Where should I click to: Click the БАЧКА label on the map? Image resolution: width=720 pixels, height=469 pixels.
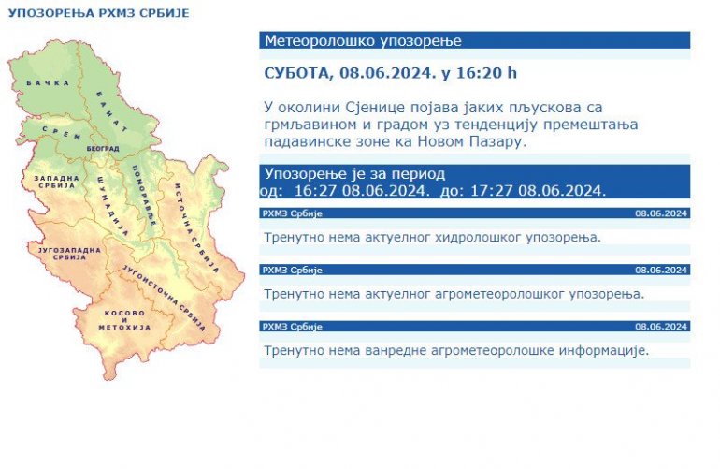48,83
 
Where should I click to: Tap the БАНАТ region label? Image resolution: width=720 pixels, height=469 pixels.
112,112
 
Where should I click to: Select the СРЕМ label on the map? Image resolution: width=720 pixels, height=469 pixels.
62,133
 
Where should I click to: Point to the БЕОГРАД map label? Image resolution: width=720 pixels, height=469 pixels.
103,149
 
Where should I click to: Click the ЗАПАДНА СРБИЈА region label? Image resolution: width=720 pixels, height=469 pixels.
56,182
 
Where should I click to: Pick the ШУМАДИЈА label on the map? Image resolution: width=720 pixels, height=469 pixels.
113,207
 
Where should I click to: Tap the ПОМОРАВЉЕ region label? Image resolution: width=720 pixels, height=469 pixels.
144,196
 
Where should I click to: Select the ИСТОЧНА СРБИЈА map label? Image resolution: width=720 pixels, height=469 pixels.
196,228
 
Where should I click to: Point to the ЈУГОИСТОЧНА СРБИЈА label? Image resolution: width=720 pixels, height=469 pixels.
164,298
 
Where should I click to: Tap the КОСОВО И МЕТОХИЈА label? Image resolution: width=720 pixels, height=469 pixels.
124,320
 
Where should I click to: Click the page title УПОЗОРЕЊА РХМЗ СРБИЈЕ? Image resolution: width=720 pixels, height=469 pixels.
99,13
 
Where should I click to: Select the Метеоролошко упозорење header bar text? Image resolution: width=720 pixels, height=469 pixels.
363,40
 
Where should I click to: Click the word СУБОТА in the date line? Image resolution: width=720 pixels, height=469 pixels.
296,73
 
